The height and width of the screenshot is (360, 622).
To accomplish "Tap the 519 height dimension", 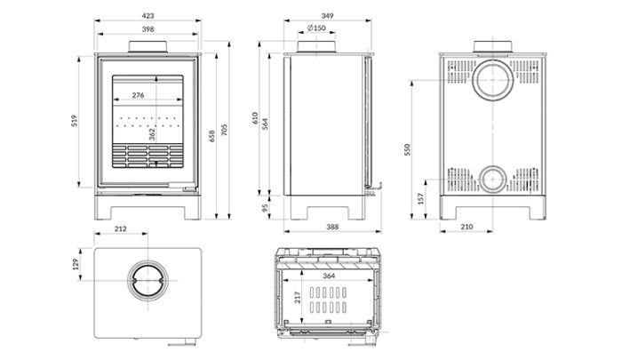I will coord(78,119).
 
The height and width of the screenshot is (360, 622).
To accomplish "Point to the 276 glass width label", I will coord(138,93).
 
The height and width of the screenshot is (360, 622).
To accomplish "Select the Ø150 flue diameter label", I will coord(315,29).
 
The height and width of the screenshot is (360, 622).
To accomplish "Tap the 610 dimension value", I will coord(254,119).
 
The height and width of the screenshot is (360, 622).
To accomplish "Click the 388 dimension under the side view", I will coord(332,228).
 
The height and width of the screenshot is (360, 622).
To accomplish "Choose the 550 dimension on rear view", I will coord(409,149).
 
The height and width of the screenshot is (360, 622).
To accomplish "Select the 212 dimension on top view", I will coord(121,229).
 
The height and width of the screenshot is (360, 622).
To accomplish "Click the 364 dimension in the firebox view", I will coord(329,276).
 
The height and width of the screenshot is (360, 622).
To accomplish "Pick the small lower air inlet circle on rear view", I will coord(491,180).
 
